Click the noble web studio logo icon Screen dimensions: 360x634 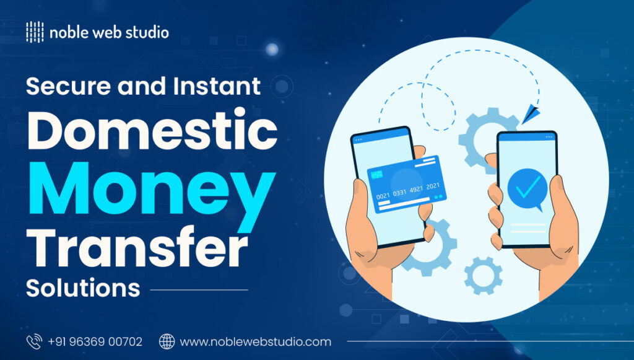coord(35,32)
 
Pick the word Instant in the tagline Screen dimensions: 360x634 coord(215,87)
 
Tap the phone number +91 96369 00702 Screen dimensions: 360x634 coord(95,341)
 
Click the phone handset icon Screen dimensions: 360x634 coord(33,341)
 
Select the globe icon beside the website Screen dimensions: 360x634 coord(167,341)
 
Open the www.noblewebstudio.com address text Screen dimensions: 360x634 coord(255,341)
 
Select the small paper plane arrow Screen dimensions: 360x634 coord(531,114)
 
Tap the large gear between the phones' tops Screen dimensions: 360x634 coord(480,139)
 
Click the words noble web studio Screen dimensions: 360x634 coord(110,32)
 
